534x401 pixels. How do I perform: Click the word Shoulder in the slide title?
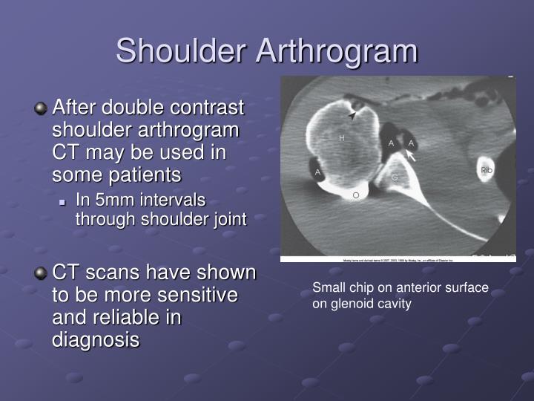click(182, 51)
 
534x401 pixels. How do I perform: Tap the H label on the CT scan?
click(342, 138)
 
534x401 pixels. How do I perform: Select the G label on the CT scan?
click(395, 177)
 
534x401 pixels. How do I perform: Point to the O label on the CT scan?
click(355, 195)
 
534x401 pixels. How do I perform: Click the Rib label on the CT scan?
click(487, 171)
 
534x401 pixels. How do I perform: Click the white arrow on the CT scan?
click(410, 156)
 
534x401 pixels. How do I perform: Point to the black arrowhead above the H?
click(353, 117)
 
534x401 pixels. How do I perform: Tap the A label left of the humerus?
click(318, 172)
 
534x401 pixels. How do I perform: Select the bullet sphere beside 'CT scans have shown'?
click(41, 273)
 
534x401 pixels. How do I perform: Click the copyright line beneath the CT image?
click(398, 260)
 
